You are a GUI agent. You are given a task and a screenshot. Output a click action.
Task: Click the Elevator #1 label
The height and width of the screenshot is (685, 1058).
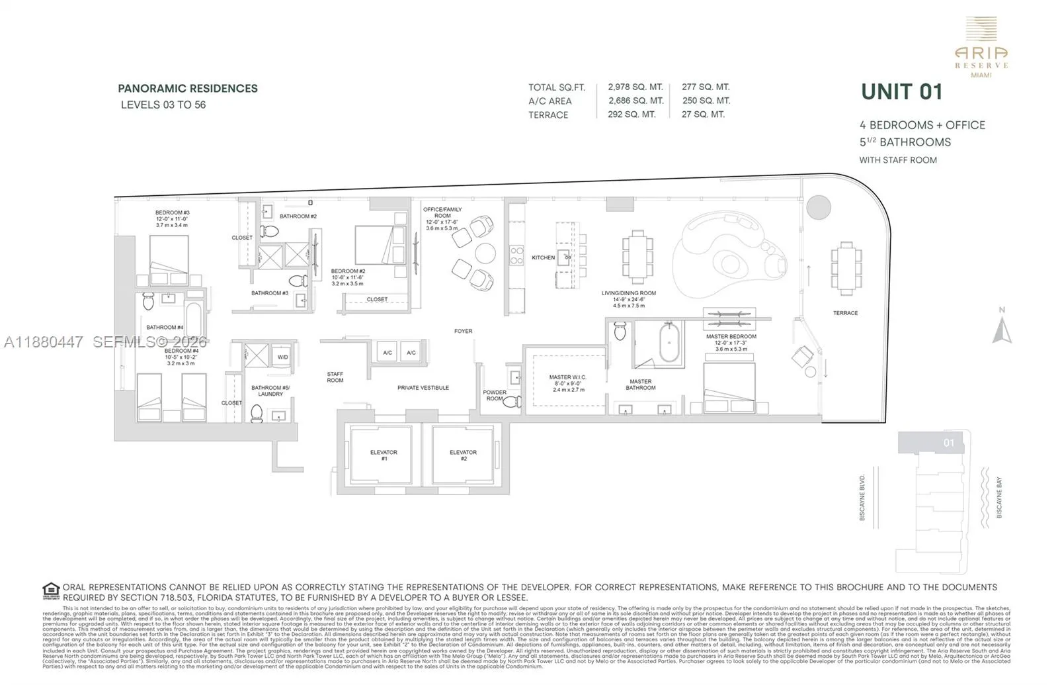[x=384, y=455]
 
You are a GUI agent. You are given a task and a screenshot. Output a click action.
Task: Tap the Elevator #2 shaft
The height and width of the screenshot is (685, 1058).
[x=463, y=455]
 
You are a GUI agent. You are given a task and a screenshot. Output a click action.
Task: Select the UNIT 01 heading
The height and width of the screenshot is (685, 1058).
[x=901, y=92]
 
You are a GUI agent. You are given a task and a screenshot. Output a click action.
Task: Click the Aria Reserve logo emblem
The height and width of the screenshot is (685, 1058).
[x=981, y=30]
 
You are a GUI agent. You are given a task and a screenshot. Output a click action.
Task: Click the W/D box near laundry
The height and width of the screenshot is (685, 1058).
[x=282, y=357]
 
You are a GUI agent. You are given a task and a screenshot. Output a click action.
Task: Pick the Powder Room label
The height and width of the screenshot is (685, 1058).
[x=494, y=395]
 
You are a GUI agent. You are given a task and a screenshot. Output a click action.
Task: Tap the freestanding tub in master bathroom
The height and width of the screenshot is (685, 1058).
[x=669, y=343]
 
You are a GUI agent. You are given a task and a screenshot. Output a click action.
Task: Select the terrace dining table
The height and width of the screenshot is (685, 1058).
[x=846, y=268]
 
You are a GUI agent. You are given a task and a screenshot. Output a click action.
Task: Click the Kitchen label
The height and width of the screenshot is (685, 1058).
[x=543, y=257]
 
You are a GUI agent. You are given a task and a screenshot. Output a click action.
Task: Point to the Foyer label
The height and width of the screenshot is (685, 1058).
[x=463, y=331]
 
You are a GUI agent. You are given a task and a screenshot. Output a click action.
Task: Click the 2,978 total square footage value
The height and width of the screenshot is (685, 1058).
[x=635, y=87]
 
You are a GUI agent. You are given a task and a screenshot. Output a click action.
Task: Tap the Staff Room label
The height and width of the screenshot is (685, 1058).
[x=335, y=377]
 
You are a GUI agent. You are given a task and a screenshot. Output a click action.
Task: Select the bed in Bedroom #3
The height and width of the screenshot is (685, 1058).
[x=169, y=260]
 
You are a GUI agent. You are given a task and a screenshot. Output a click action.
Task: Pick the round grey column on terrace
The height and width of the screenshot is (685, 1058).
[x=819, y=207]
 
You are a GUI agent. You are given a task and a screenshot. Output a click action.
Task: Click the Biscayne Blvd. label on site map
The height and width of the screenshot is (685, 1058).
[x=862, y=497]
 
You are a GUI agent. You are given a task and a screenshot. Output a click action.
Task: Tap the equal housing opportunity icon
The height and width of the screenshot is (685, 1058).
[x=51, y=590]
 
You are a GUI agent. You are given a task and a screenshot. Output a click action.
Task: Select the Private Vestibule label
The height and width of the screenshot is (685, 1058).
[x=423, y=388]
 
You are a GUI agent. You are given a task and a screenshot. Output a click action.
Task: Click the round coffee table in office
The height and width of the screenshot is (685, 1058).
[x=485, y=253]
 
